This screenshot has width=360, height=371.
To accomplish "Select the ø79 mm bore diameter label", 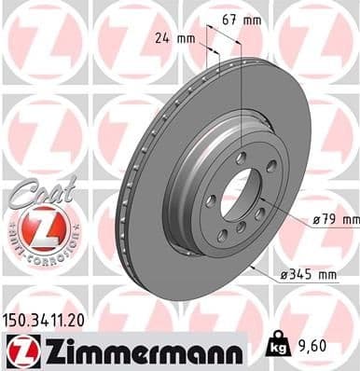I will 335,219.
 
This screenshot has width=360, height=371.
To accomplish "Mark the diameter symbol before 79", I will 317,219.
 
